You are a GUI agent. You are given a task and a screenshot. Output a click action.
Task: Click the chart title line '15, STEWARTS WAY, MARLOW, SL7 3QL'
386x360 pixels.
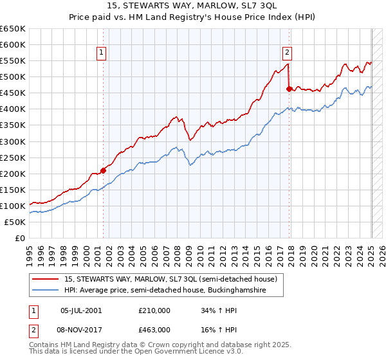192,6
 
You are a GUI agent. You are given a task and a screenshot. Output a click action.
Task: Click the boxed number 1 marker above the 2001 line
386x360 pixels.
102,53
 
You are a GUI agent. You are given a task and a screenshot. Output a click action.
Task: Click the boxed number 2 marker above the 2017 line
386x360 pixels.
287,53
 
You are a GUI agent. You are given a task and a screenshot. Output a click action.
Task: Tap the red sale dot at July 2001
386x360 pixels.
104,170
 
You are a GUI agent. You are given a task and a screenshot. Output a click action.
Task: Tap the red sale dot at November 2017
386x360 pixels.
289,89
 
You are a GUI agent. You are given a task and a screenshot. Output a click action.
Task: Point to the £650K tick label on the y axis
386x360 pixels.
13,29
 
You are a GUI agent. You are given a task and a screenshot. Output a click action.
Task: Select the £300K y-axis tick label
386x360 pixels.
13,141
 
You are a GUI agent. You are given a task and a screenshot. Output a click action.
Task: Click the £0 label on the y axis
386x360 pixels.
19,238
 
